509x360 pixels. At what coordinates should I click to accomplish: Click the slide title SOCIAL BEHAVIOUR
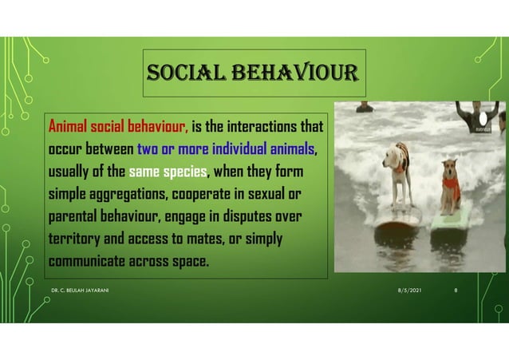pos(254,76)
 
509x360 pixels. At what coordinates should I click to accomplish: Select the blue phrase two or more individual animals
pos(227,148)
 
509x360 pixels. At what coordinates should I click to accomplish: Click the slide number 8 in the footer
pos(455,291)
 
